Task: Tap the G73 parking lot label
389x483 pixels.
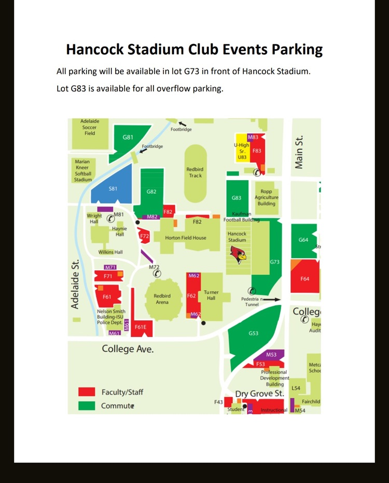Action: point(275,262)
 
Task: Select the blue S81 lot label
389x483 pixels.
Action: point(113,188)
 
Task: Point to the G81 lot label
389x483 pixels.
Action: point(128,137)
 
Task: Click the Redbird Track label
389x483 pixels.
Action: point(195,172)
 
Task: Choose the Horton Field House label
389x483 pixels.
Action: point(185,238)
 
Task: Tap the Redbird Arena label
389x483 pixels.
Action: point(162,299)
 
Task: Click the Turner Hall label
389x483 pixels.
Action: point(211,296)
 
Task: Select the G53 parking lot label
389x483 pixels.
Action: point(254,333)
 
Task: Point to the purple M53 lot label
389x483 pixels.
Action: point(271,355)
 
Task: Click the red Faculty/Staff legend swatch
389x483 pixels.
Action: point(87,392)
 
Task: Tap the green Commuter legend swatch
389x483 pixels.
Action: point(87,405)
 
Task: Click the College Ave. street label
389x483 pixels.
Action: point(128,349)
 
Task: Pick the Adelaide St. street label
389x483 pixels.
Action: point(75,285)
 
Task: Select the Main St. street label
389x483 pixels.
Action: point(299,153)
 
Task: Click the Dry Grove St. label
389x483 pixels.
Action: point(259,394)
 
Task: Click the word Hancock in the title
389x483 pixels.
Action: point(95,50)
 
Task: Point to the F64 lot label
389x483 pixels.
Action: point(304,279)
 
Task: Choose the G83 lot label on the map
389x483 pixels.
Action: point(237,198)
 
